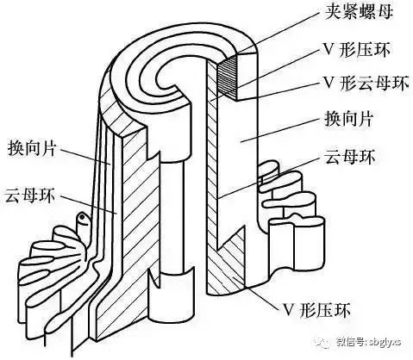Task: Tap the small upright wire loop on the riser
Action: point(83,222)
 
